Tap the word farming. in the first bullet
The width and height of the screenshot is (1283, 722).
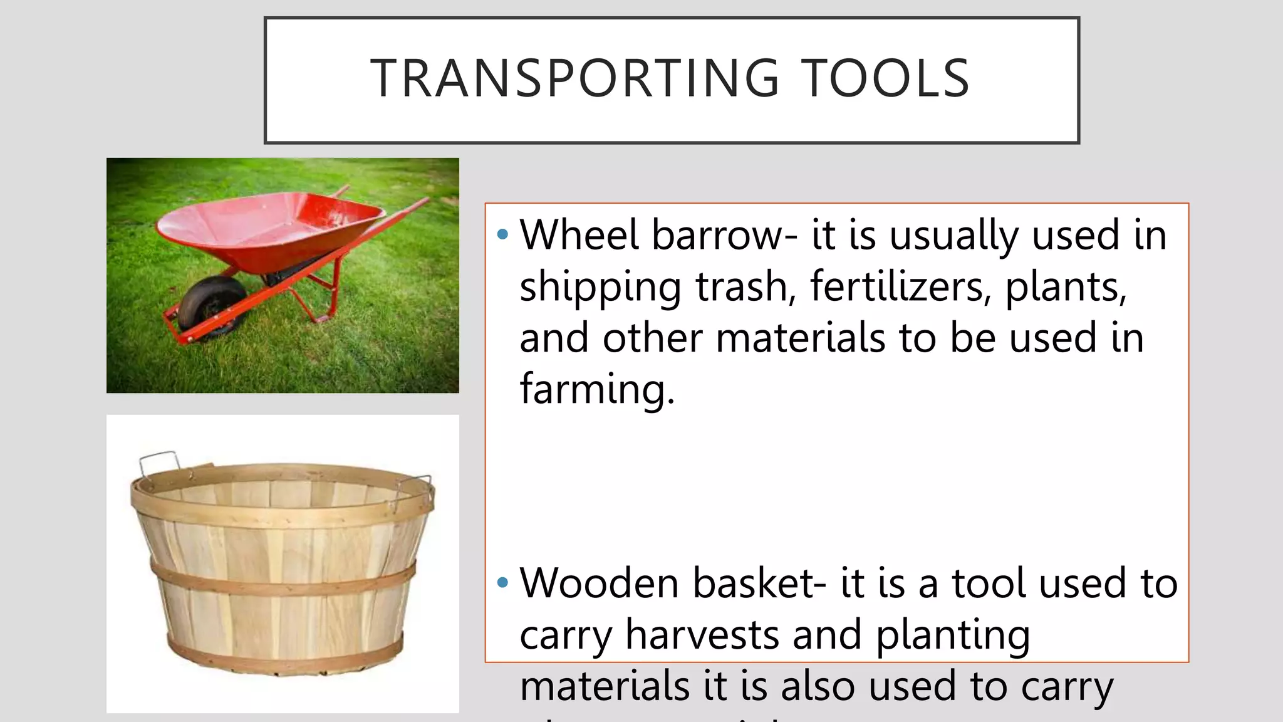(x=597, y=389)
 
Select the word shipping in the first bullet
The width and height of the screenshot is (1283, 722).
(x=600, y=288)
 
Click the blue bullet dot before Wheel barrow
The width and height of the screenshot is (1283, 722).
(x=502, y=235)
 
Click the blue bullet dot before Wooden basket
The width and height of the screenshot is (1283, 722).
(x=502, y=583)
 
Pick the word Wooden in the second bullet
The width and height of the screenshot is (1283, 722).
(x=599, y=583)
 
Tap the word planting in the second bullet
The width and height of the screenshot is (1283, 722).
(x=952, y=636)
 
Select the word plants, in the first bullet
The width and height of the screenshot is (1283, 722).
(x=1066, y=288)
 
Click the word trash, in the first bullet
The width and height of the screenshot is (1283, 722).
(x=745, y=286)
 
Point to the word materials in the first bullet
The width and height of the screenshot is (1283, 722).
(x=800, y=338)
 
